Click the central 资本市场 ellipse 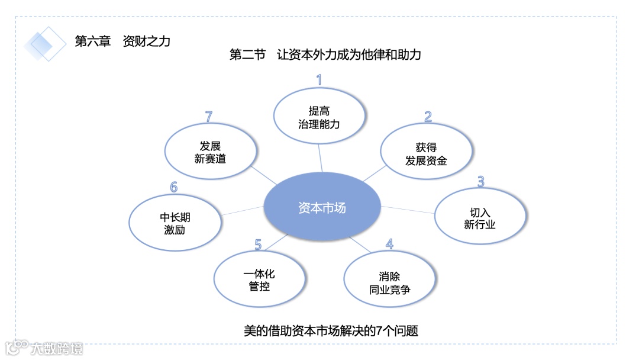pyautogui.click(x=322, y=208)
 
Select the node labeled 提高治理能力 pyautogui.click(x=319, y=118)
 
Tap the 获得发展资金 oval pyautogui.click(x=426, y=153)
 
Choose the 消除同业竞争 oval pyautogui.click(x=389, y=283)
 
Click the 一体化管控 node pyautogui.click(x=259, y=280)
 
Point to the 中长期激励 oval pyautogui.click(x=175, y=223)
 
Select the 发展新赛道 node pyautogui.click(x=210, y=152)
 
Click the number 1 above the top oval pyautogui.click(x=319, y=80)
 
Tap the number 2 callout pyautogui.click(x=428, y=117)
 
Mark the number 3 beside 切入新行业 pyautogui.click(x=480, y=181)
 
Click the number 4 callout pyautogui.click(x=389, y=244)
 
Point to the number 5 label pyautogui.click(x=258, y=244)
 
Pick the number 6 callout pyautogui.click(x=174, y=187)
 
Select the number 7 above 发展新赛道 pyautogui.click(x=208, y=117)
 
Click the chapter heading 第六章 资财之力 pyautogui.click(x=122, y=41)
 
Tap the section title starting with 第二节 pyautogui.click(x=325, y=55)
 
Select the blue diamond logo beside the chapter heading pyautogui.click(x=45, y=43)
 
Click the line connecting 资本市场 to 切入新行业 pyautogui.click(x=408, y=209)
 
